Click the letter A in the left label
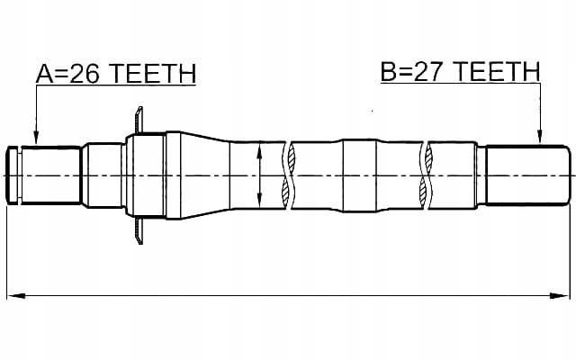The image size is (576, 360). tap(44, 74)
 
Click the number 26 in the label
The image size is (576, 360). tap(85, 74)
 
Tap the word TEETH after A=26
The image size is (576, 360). tap(153, 74)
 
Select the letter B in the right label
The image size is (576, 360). tap(388, 72)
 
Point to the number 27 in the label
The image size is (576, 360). tap(427, 72)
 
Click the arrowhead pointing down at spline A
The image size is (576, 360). tap(36, 138)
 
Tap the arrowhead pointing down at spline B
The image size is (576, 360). tap(539, 136)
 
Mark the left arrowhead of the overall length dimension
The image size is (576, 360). tap(16, 295)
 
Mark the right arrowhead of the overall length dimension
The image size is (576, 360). tap(560, 295)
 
